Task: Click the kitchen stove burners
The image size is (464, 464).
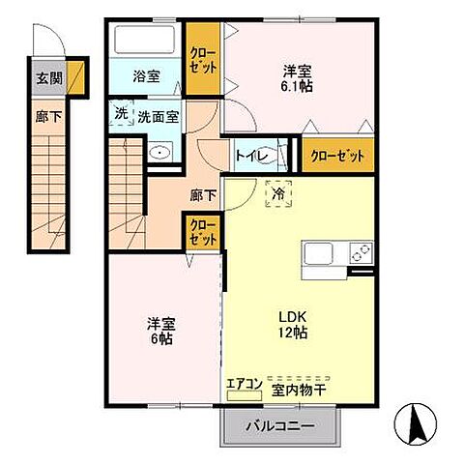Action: [x=359, y=253]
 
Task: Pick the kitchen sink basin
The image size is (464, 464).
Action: [x=320, y=253]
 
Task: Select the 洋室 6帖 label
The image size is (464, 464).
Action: [x=161, y=332]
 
